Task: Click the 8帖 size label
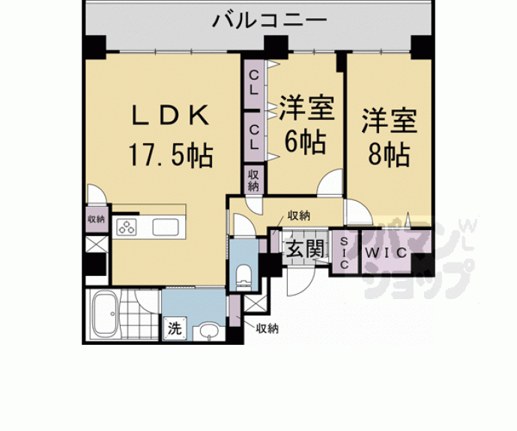388,154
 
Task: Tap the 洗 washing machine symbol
174,328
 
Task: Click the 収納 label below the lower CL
254,181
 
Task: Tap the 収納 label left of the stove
95,219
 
